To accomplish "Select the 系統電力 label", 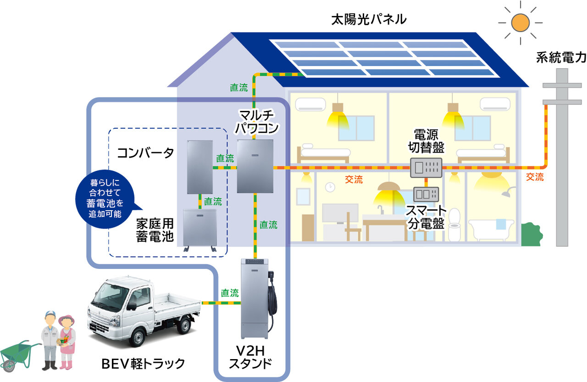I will (x=561, y=58).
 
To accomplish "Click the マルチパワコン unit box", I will (x=255, y=166).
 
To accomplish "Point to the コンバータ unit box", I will (x=200, y=166).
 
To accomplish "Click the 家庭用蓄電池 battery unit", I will (x=199, y=228).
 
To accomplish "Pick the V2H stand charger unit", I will (x=255, y=298).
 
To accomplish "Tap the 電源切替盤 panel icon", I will (x=426, y=167).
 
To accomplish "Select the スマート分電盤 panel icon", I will (x=426, y=194).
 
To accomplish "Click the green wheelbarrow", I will (x=17, y=355).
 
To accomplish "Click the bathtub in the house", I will (x=493, y=231).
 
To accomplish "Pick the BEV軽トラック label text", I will (x=143, y=364).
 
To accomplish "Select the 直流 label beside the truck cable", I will (x=230, y=293).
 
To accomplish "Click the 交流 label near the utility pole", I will (x=535, y=177).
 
